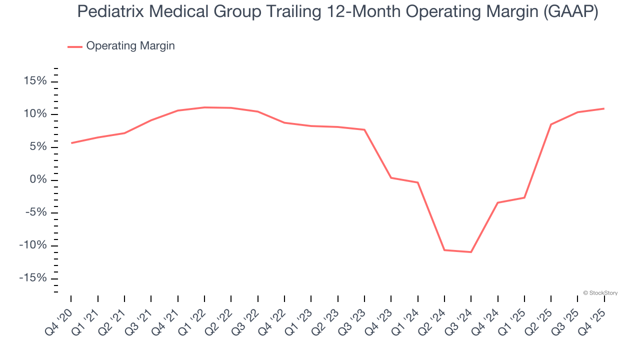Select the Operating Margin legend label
click(130, 46)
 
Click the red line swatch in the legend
click(75, 46)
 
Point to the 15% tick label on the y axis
click(34, 81)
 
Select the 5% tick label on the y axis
click(37, 147)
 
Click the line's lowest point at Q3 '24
click(471, 252)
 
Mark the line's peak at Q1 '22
click(204, 107)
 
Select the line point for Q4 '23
click(391, 177)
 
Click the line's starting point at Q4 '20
click(71, 143)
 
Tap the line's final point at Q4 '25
click(604, 108)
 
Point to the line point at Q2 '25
click(551, 124)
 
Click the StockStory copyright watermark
click(600, 293)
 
